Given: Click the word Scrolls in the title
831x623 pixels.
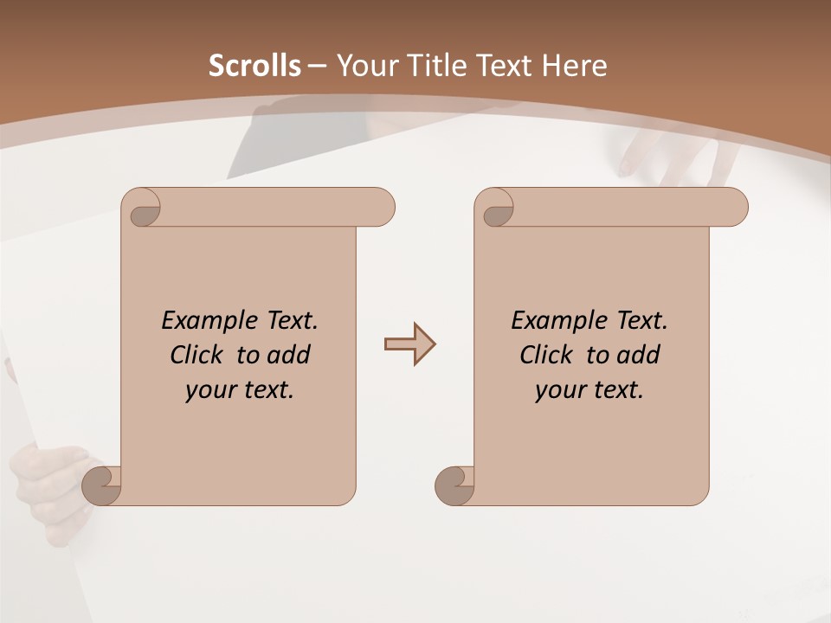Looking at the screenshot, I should (254, 66).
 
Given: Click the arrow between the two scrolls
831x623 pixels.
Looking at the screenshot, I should (409, 344).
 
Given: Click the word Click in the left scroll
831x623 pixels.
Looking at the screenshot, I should (198, 355).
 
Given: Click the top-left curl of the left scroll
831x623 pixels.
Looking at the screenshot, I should (143, 210).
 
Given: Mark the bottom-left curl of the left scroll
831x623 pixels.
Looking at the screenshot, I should (100, 485).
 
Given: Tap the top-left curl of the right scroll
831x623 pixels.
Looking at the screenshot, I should (496, 210).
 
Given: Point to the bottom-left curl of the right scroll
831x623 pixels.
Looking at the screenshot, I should (454, 485).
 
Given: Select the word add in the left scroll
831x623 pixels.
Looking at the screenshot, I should (290, 355).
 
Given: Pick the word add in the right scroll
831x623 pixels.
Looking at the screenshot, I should (640, 355).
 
